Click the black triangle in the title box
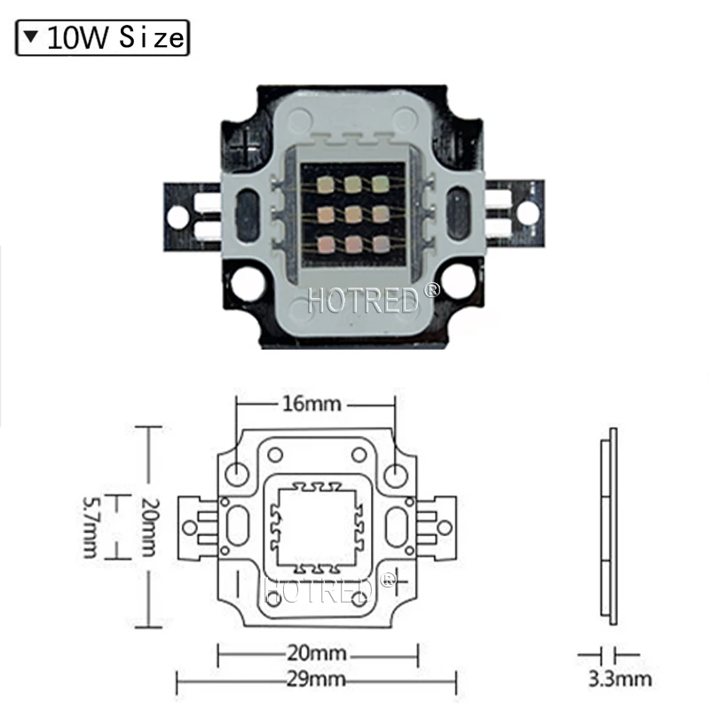tap(33, 38)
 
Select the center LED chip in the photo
tap(353, 213)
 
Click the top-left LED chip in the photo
tap(324, 185)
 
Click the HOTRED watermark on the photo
tap(362, 298)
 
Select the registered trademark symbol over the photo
tap(431, 289)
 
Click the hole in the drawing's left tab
tap(189, 527)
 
